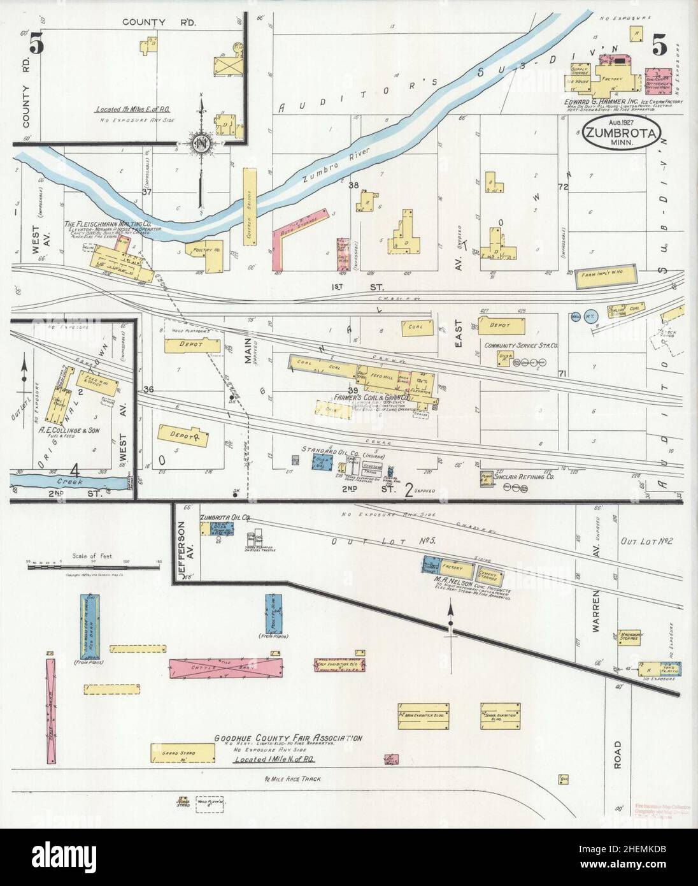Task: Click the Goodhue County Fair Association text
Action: pos(288,738)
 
